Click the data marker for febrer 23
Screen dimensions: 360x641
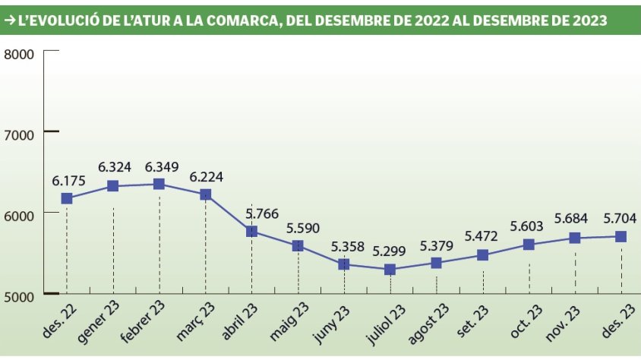point(159,184)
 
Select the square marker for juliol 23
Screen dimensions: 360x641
point(390,270)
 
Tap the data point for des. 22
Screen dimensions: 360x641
point(67,198)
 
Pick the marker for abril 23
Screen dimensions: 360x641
point(251,231)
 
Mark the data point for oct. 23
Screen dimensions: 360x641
point(529,245)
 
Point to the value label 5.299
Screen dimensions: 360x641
point(390,251)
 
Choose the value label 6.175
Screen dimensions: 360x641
point(68,180)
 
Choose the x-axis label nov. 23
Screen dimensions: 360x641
point(564,321)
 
